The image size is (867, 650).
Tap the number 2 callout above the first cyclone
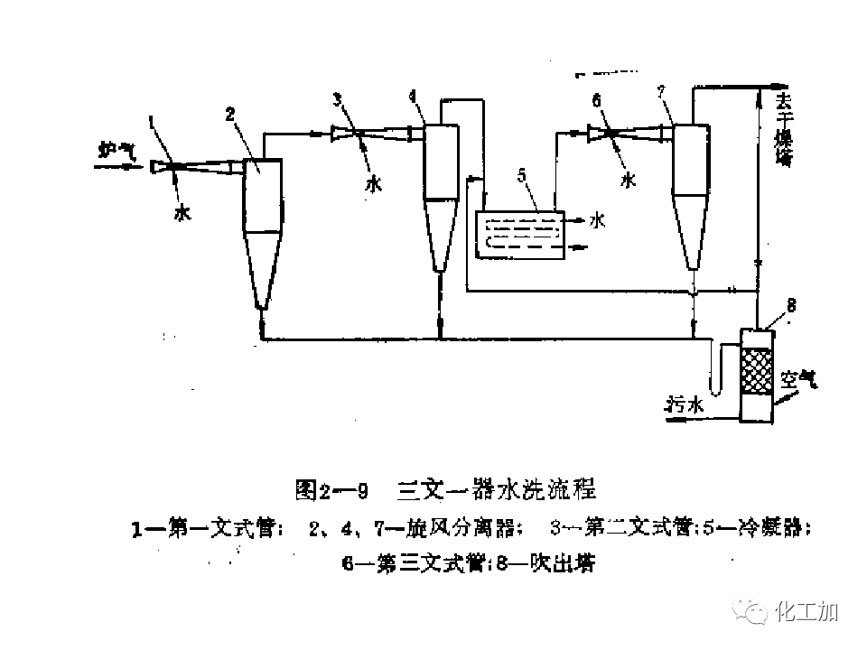click(230, 114)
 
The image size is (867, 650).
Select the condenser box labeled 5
click(519, 236)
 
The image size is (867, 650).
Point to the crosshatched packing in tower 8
click(757, 371)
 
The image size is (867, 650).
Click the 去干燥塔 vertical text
click(783, 131)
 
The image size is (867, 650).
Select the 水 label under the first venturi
click(182, 214)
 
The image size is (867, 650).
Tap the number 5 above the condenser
click(521, 199)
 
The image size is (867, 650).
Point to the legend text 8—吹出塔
click(542, 564)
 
